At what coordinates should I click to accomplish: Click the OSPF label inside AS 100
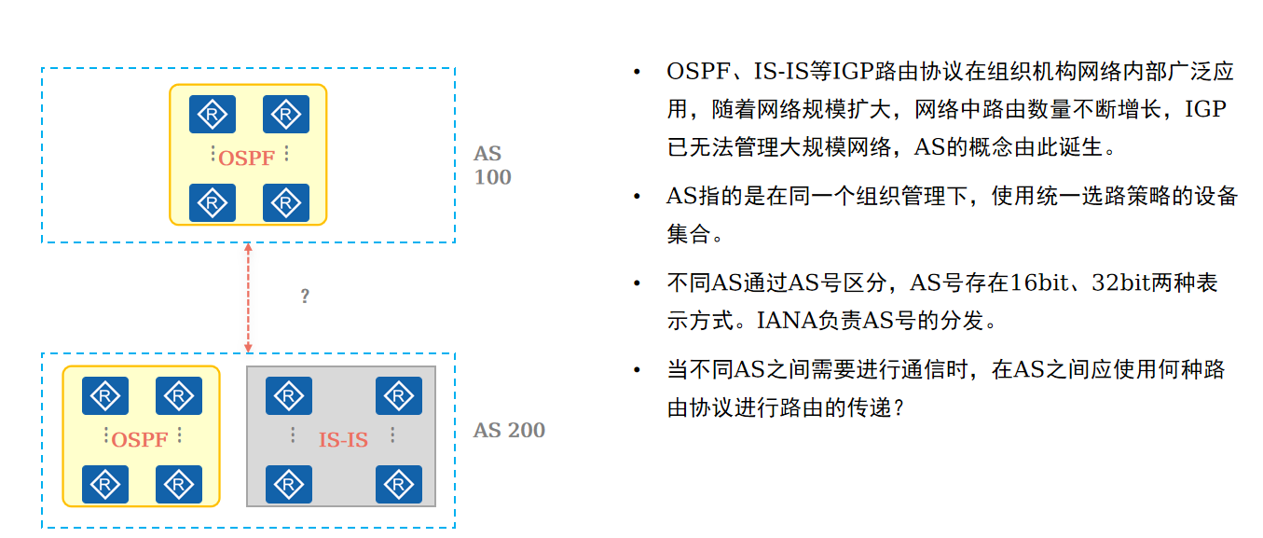click(x=246, y=158)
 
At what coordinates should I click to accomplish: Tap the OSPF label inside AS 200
click(x=139, y=439)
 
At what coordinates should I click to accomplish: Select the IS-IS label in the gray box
click(x=343, y=439)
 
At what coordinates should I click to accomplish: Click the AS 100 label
click(x=492, y=165)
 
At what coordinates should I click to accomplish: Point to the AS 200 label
click(x=509, y=430)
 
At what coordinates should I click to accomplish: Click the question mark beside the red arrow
click(x=305, y=297)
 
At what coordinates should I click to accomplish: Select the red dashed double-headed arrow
click(x=248, y=298)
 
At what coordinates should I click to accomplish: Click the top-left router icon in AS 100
click(x=213, y=115)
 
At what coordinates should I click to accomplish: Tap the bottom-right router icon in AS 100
click(x=285, y=202)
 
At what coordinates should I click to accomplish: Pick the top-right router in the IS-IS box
click(x=398, y=396)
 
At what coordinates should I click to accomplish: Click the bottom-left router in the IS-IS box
click(x=288, y=484)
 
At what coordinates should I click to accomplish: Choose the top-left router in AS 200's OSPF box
click(x=105, y=396)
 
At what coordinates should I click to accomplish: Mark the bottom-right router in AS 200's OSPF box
click(x=178, y=484)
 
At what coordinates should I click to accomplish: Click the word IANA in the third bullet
click(x=779, y=322)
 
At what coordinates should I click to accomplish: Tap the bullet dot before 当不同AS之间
click(x=637, y=371)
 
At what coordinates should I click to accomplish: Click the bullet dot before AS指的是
click(x=637, y=197)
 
